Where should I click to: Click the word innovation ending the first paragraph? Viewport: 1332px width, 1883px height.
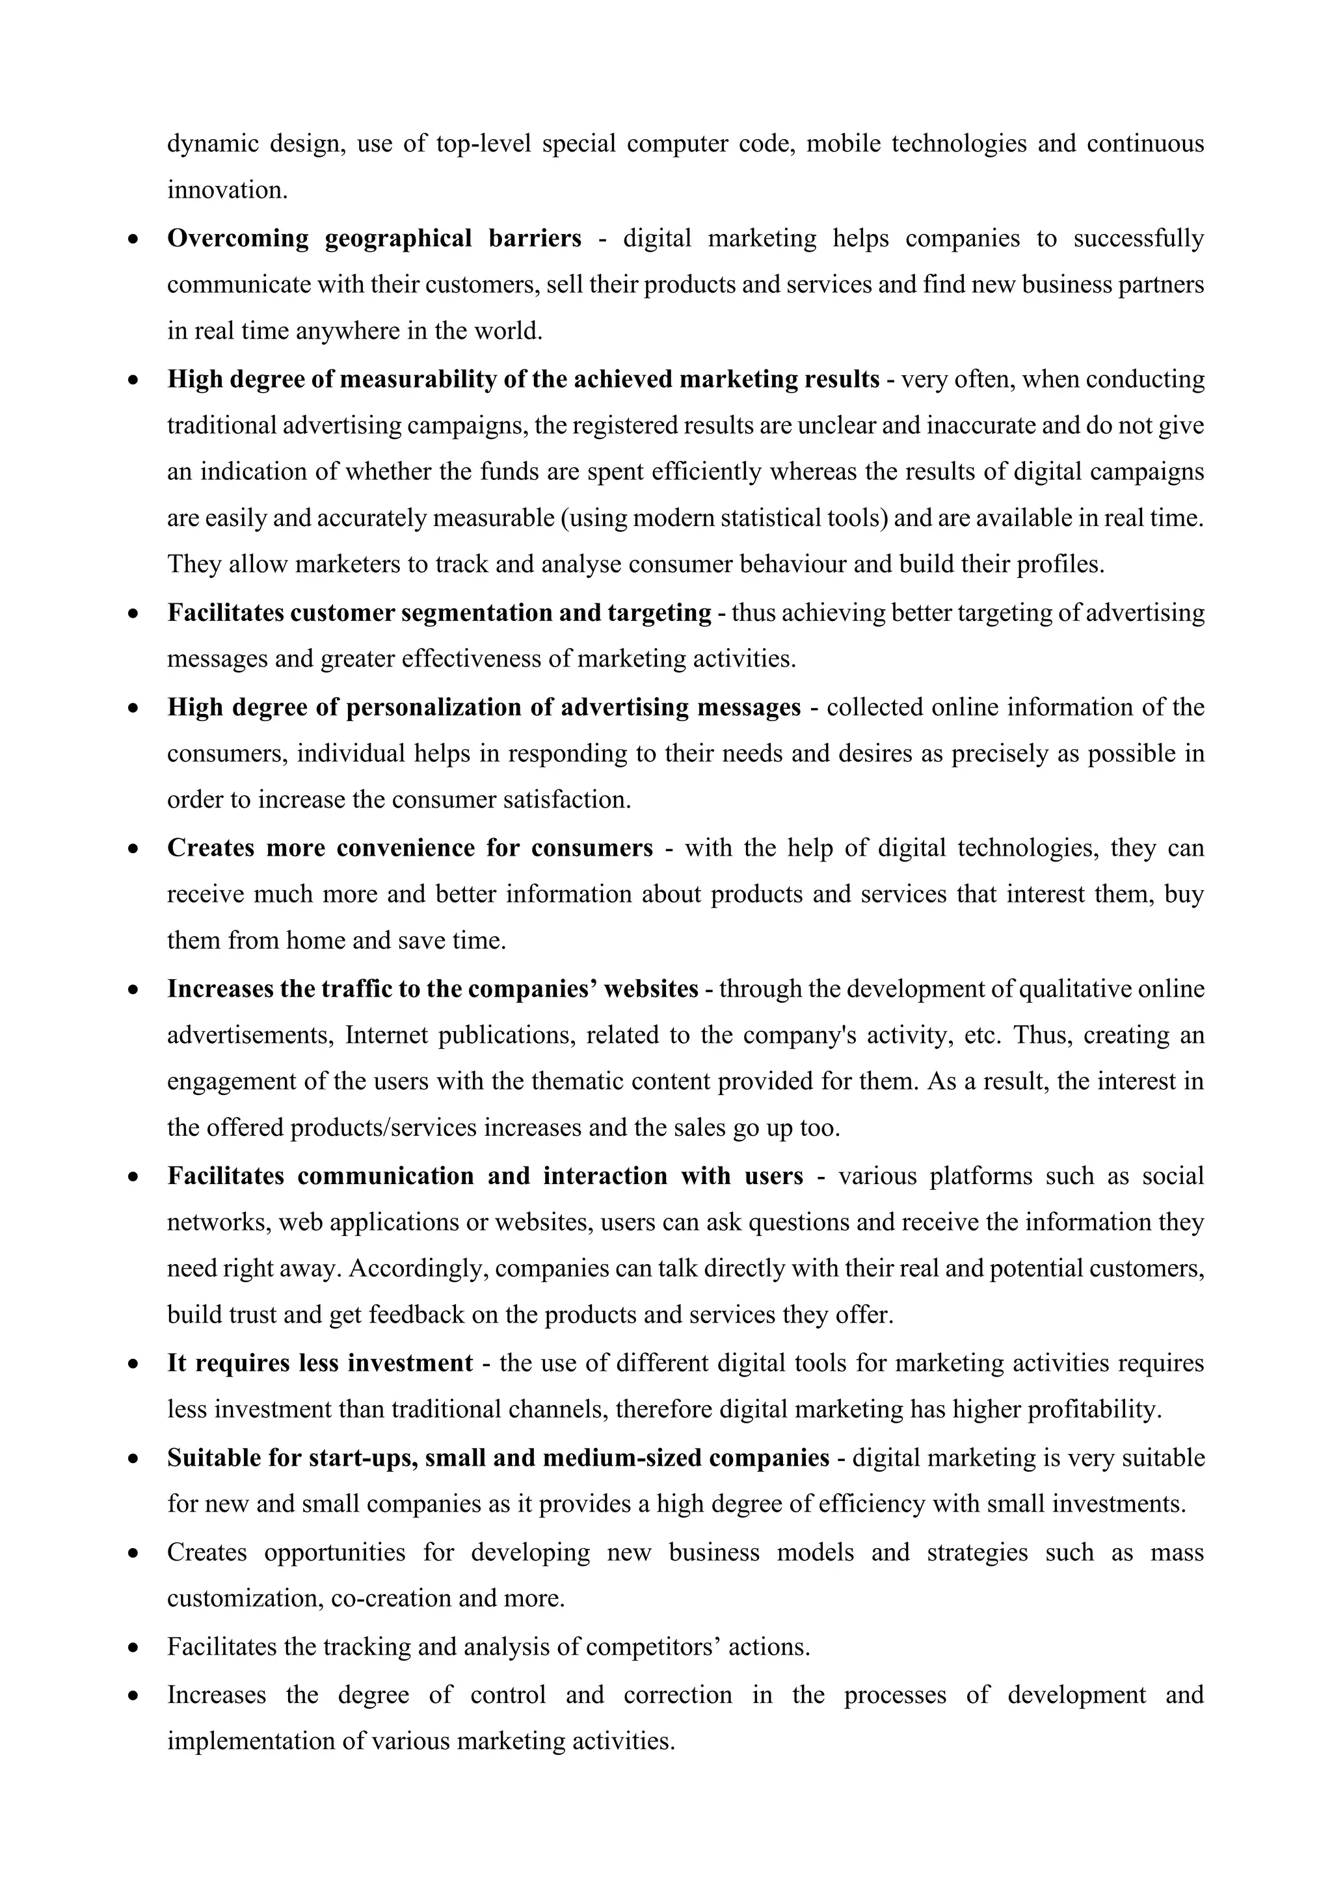pos(226,191)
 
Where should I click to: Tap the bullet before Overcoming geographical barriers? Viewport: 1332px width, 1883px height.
pos(133,239)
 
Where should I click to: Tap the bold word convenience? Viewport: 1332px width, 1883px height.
pos(406,847)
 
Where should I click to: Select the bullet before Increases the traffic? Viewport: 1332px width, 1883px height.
pos(133,990)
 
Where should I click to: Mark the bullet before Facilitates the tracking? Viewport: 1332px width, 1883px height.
pos(133,1648)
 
